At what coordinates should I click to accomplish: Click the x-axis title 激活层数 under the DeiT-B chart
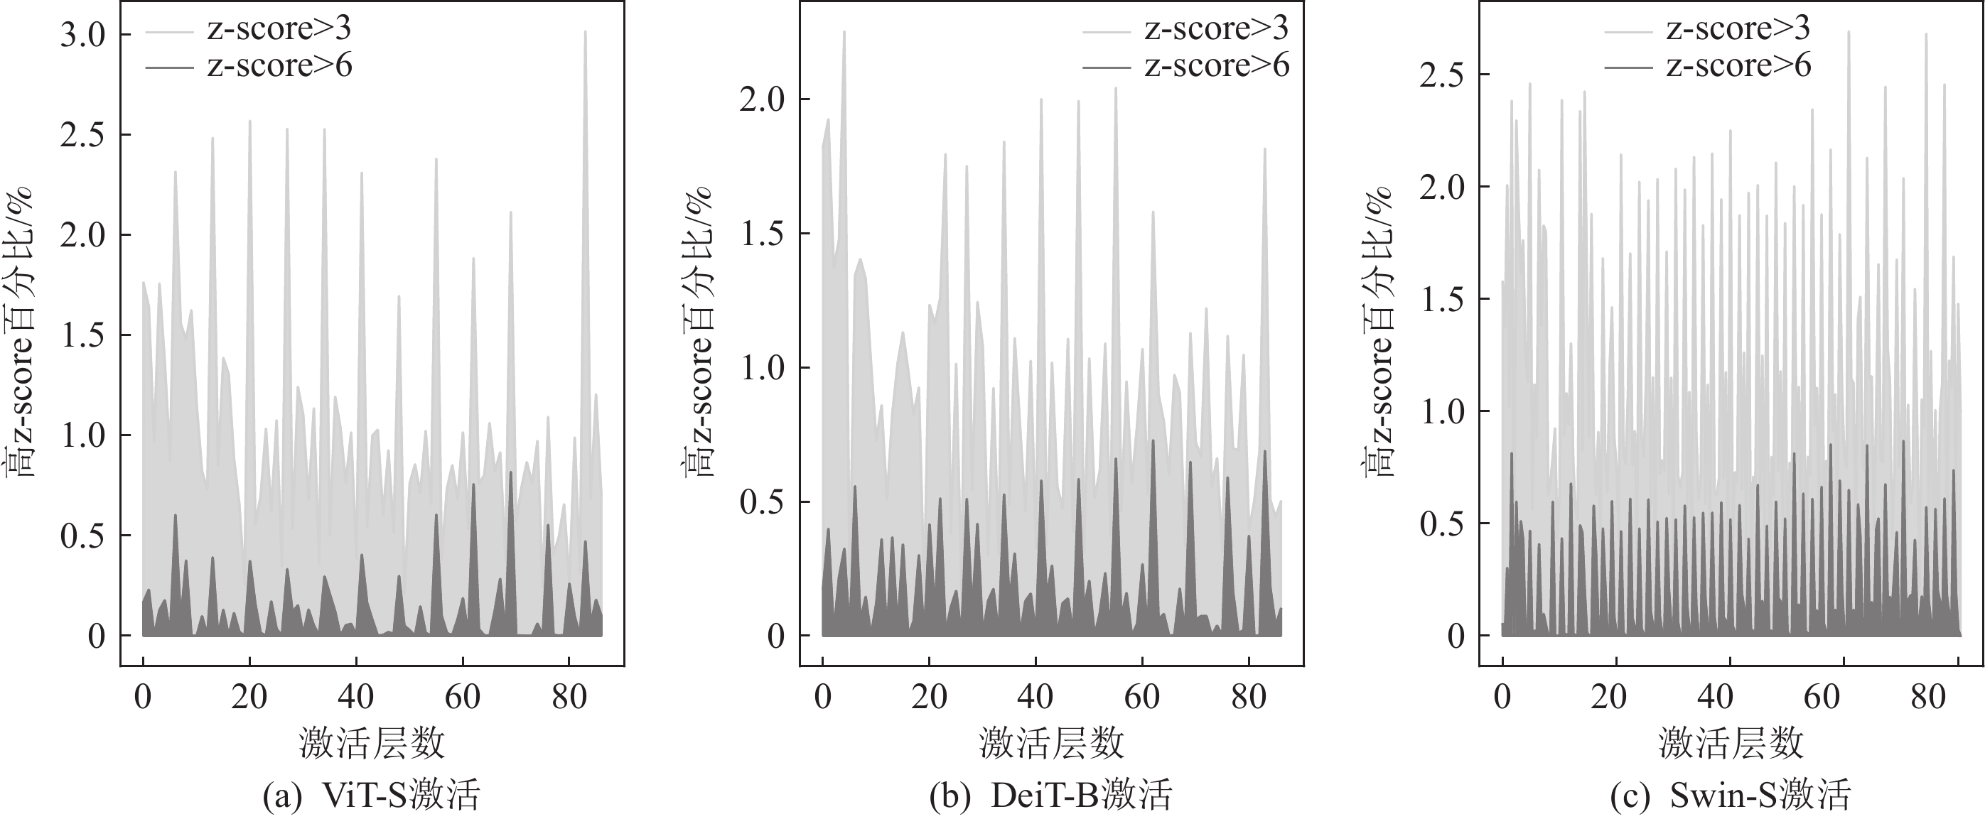tap(1051, 744)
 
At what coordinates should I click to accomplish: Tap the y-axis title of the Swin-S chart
tap(1379, 331)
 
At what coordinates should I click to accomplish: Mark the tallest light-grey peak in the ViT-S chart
tap(586, 33)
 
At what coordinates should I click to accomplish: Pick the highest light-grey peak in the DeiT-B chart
tap(844, 33)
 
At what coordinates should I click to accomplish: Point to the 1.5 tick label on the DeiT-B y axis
tap(763, 234)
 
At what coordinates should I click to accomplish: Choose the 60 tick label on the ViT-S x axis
tap(463, 698)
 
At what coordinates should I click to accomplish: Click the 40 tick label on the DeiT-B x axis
tap(1035, 698)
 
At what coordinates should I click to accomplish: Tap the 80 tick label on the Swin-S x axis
tap(1929, 698)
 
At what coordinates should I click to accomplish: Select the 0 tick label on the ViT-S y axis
tap(97, 636)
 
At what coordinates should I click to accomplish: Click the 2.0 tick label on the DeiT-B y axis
tap(763, 99)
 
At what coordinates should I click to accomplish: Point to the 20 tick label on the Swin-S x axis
tap(1608, 698)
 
